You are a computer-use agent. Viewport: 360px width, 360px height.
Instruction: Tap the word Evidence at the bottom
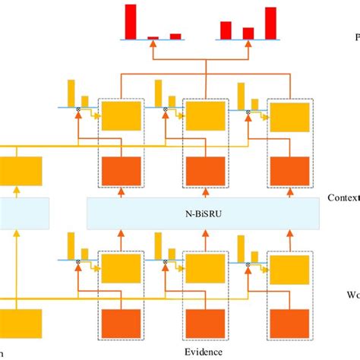[204, 352]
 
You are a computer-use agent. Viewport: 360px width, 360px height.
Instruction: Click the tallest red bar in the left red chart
[131, 21]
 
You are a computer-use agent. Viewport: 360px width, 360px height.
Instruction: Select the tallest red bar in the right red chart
[270, 22]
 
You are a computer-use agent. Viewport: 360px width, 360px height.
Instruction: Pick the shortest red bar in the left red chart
[153, 36]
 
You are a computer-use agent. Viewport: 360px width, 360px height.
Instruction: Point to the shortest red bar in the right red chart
[248, 33]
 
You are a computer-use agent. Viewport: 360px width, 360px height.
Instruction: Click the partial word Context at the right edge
[343, 197]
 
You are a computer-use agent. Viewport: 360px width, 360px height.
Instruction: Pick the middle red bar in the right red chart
[248, 33]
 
